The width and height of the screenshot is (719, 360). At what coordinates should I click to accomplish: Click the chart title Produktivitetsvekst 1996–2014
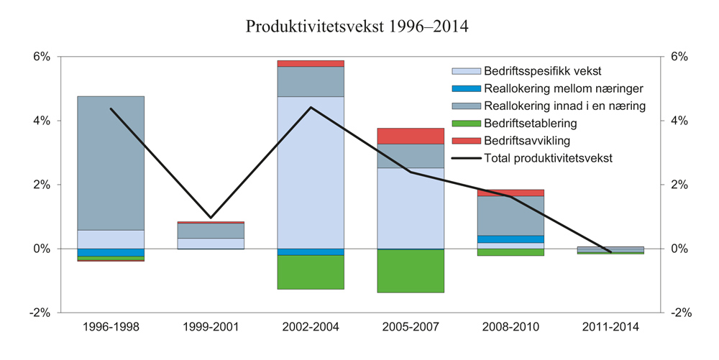357,27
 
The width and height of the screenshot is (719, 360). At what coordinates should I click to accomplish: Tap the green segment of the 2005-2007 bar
411,271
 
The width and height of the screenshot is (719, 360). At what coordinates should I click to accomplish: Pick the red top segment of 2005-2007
411,136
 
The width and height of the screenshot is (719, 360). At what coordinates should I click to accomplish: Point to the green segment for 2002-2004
311,272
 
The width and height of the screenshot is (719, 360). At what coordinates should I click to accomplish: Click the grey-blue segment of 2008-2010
510,216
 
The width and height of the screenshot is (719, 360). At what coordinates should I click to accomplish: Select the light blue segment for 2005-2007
411,208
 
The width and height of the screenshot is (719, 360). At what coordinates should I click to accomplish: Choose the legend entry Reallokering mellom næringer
563,88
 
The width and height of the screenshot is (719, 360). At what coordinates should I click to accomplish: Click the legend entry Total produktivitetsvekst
548,158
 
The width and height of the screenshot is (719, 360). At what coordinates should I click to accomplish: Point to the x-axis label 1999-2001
211,327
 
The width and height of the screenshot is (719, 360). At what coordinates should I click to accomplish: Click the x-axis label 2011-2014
610,327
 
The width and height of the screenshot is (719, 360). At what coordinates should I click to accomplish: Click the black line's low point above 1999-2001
211,217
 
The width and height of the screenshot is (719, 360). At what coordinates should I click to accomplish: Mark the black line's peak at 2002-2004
311,108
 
